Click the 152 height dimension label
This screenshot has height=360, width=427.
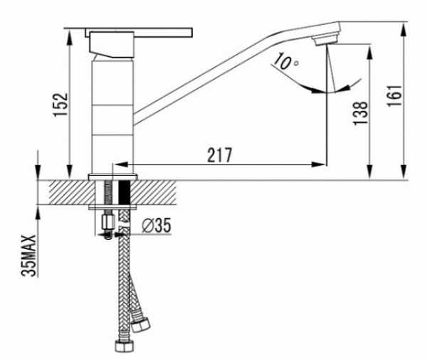pos(60,105)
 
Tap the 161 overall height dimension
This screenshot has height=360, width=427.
pos(394,96)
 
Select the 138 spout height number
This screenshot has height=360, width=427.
pos(360,113)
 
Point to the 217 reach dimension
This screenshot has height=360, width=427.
pos(220,155)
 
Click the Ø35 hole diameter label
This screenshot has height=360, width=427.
pos(157,226)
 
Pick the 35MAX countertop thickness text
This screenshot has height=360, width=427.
pos(28,255)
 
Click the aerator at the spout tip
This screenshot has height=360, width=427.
pos(325,41)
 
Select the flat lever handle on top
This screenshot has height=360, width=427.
pos(139,33)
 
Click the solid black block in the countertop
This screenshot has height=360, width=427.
pos(125,193)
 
